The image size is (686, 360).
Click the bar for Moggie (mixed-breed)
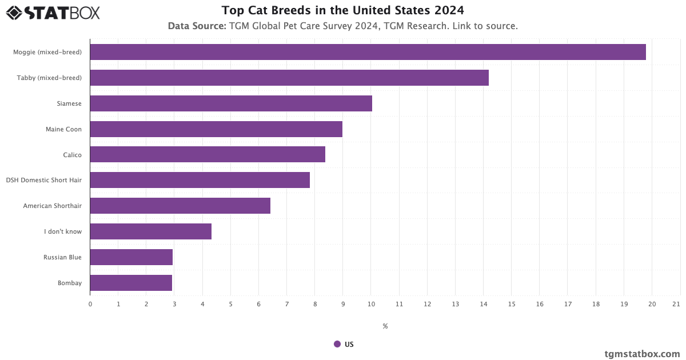[368, 52]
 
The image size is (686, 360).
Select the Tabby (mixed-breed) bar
[289, 78]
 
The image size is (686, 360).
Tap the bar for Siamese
[231, 103]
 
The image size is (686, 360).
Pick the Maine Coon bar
[216, 129]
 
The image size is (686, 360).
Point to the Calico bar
[208, 154]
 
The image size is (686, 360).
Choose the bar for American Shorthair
[180, 206]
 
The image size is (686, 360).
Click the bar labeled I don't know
[151, 231]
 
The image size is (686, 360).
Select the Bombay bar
[131, 283]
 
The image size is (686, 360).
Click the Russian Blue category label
[62, 257]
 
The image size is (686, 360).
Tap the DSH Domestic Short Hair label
[43, 180]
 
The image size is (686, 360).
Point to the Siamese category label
[69, 103]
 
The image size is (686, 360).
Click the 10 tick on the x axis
[370, 304]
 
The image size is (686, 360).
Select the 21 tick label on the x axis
[676, 304]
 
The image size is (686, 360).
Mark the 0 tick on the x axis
[90, 304]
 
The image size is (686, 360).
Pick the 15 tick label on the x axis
[511, 304]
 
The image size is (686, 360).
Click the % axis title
[385, 326]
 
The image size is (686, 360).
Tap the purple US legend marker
[337, 344]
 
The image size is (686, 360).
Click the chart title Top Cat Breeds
[342, 10]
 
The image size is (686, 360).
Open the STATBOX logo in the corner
[53, 13]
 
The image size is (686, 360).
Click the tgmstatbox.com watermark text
[642, 354]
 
